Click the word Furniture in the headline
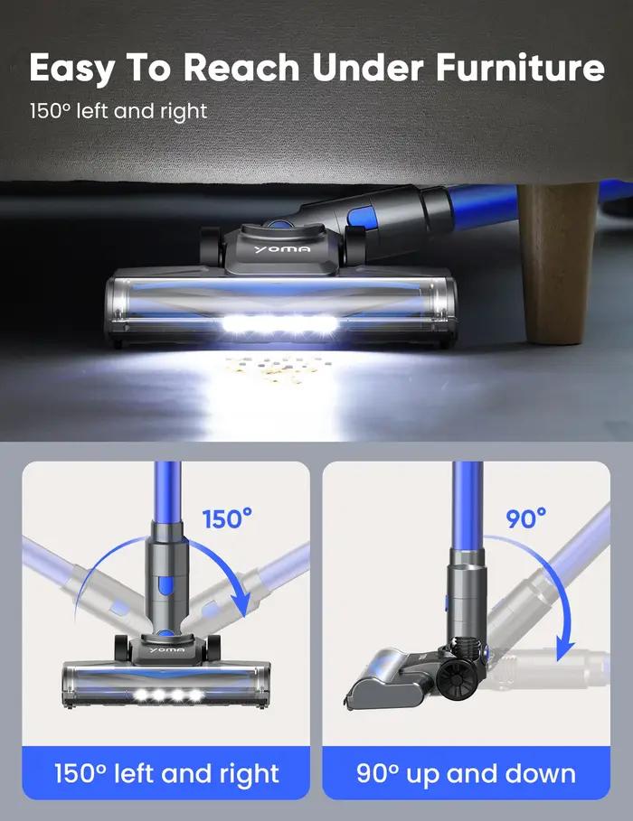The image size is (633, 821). (x=520, y=67)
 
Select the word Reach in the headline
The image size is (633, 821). (x=241, y=67)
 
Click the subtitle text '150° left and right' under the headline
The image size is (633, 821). (x=118, y=111)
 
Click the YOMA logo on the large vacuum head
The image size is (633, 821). (x=282, y=249)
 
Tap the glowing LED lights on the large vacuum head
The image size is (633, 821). (x=279, y=324)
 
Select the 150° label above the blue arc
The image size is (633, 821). (x=227, y=519)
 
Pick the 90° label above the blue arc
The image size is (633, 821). (x=525, y=518)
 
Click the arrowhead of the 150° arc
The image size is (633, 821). (x=241, y=606)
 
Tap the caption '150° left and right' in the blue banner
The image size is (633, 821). (x=166, y=773)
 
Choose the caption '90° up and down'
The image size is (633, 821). (x=466, y=773)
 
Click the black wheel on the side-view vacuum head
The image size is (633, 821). (x=456, y=679)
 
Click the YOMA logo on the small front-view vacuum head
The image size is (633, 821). (x=166, y=649)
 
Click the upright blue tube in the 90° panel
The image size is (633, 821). (x=468, y=505)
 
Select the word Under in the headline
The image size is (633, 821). (x=368, y=67)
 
